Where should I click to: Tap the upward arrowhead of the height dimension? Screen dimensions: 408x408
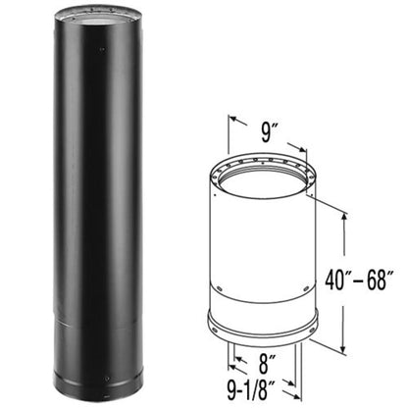(x=343, y=219)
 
